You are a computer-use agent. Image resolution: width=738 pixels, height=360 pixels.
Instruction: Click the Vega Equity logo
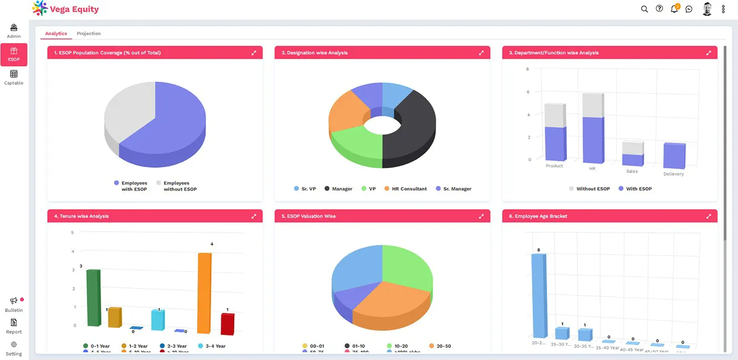tap(65, 9)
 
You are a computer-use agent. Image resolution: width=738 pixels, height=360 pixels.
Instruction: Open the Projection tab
tap(89, 34)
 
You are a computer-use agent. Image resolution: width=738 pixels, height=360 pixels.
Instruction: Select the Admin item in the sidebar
tap(14, 31)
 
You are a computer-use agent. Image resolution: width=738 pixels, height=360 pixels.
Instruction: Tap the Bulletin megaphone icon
tap(14, 301)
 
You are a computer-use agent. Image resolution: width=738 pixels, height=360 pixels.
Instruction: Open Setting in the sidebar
tap(14, 348)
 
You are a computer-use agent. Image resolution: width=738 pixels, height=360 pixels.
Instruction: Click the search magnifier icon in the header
tap(644, 9)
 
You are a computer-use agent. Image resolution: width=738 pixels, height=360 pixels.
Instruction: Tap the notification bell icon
tap(674, 9)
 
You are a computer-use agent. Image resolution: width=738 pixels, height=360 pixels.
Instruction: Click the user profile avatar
tap(707, 9)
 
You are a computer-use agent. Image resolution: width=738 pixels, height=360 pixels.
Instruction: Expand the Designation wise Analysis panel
tap(481, 53)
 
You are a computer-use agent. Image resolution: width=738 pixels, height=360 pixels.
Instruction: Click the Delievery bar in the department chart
tap(674, 156)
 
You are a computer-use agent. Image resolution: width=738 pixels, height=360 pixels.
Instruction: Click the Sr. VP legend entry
tap(305, 189)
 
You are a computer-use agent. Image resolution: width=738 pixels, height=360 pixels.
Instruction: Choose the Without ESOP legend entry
tap(589, 189)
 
